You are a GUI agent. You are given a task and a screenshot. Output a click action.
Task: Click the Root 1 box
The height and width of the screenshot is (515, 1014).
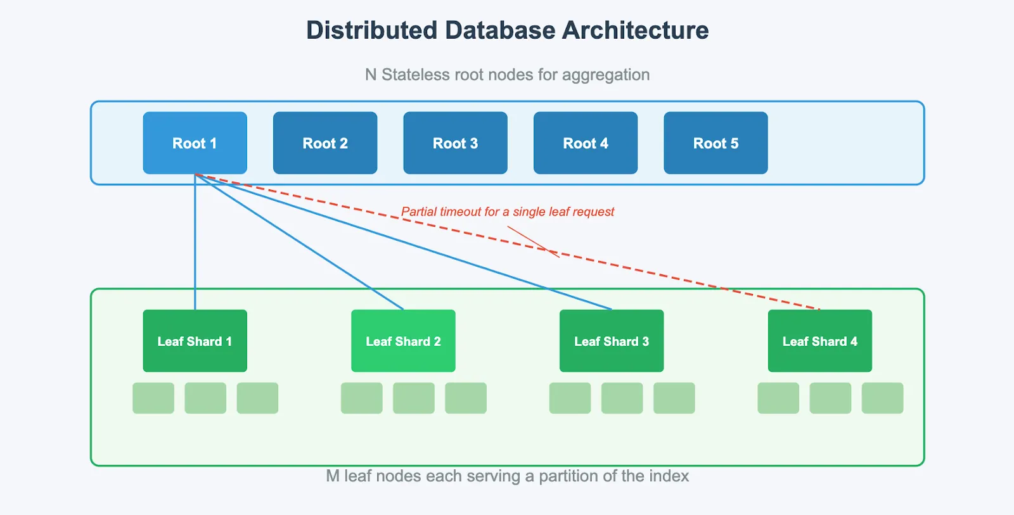click(x=195, y=143)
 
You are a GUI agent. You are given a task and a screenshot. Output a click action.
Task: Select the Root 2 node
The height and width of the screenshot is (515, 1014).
click(x=325, y=143)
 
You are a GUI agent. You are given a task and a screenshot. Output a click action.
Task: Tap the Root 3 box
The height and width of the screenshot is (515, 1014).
click(x=455, y=143)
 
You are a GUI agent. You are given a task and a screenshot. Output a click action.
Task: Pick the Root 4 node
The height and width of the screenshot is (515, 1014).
click(x=586, y=143)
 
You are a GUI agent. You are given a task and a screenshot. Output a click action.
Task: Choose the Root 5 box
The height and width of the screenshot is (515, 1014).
click(x=716, y=143)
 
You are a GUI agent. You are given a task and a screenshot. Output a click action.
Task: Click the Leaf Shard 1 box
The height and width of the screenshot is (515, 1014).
click(x=195, y=341)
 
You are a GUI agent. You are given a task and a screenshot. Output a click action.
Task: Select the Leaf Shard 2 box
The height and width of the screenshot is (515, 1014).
click(x=403, y=341)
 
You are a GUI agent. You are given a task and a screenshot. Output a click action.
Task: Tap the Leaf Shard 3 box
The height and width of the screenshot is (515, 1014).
click(x=612, y=341)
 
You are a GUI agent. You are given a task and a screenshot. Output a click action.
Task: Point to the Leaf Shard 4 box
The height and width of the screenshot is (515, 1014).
click(x=819, y=341)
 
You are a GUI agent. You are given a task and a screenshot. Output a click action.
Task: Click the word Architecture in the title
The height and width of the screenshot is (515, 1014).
click(x=635, y=30)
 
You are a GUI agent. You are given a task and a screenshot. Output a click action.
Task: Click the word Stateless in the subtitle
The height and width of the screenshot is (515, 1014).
click(x=415, y=75)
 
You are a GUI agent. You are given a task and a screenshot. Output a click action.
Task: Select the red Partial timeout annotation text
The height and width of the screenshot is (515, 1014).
click(x=507, y=212)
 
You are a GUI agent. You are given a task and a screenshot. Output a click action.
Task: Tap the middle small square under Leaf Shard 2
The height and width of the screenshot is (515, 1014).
click(x=414, y=398)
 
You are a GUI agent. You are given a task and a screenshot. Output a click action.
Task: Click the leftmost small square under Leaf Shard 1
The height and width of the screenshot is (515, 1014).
click(x=153, y=398)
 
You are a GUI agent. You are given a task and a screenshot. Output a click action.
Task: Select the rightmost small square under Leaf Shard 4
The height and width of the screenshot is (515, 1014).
click(x=882, y=398)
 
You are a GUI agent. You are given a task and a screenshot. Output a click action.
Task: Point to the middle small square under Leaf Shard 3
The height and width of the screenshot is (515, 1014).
click(x=622, y=398)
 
